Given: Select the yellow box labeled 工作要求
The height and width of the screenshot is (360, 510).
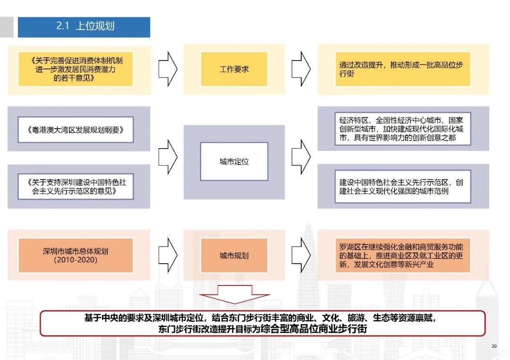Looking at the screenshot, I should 234,69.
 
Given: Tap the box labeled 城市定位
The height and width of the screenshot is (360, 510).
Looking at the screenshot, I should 234,162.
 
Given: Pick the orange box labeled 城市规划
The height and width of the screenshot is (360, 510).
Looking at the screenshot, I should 234,255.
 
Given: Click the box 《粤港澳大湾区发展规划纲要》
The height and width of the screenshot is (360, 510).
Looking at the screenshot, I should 76,130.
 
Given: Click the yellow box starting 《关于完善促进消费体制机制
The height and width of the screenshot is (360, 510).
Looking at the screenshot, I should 76,69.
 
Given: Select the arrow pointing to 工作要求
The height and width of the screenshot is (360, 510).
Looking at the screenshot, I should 167,69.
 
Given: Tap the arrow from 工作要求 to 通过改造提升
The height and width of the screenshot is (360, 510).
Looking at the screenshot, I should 301,69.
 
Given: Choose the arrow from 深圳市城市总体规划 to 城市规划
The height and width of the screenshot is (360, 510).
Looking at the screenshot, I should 167,255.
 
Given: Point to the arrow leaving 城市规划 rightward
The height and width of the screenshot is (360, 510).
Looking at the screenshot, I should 301,255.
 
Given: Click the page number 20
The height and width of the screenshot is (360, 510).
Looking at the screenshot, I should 494,346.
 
